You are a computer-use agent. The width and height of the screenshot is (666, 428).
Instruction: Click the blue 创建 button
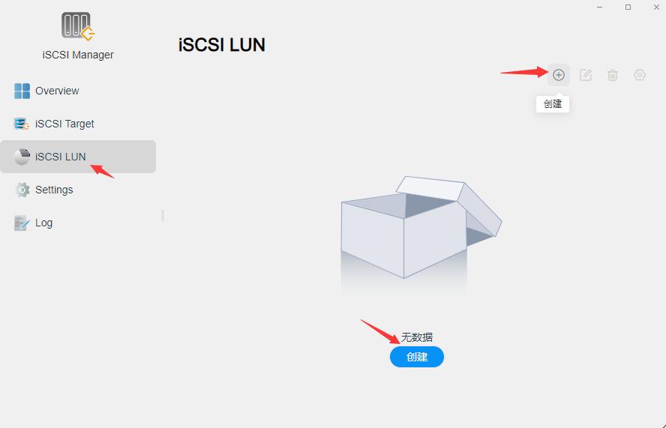click(x=417, y=357)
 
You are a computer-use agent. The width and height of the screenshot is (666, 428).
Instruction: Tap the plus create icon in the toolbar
click(x=559, y=75)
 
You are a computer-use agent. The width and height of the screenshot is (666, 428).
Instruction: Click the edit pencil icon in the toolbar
click(x=586, y=75)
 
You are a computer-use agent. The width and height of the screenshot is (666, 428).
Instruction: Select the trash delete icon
click(x=613, y=75)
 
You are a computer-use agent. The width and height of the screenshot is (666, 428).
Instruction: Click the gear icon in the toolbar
click(x=640, y=75)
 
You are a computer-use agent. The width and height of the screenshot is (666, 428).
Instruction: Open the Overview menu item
click(x=57, y=91)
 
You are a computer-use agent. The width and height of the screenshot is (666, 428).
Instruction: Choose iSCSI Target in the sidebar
click(x=64, y=124)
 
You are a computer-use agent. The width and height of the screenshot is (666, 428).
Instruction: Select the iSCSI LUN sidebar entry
click(x=60, y=157)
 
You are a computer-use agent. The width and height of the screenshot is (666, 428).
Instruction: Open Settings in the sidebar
click(x=54, y=190)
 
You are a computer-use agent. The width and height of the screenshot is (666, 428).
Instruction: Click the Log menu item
click(x=43, y=223)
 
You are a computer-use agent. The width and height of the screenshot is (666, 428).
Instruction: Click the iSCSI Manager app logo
click(x=78, y=26)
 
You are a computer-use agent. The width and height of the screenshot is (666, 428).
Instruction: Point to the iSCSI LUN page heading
click(x=222, y=45)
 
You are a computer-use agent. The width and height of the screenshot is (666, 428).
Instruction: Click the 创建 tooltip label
click(x=553, y=104)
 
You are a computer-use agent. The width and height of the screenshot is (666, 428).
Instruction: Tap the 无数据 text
click(x=417, y=337)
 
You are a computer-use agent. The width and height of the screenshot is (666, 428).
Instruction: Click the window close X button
click(x=656, y=7)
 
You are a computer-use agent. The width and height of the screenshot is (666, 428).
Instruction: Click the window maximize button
click(x=628, y=7)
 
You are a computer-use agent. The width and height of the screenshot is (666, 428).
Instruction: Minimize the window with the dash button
click(x=600, y=7)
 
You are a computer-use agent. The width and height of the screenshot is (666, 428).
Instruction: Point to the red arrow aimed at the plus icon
click(x=525, y=72)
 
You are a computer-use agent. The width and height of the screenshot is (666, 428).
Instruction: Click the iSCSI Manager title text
click(x=78, y=55)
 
